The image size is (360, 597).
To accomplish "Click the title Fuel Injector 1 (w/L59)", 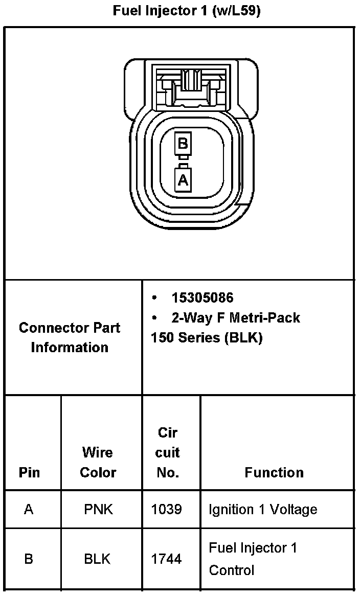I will click(187, 11).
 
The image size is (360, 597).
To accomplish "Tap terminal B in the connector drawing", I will click(183, 144).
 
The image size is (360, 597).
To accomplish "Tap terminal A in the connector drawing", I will click(183, 180).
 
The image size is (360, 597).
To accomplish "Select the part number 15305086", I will click(202, 297).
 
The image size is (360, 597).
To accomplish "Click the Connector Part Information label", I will click(70, 337).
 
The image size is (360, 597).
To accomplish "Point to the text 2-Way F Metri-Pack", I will click(235, 318).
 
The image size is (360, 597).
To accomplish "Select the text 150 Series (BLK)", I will click(207, 338).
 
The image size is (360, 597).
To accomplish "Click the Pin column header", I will click(29, 472).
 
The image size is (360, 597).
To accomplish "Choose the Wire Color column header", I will click(98, 462).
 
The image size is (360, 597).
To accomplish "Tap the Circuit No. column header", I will click(168, 452).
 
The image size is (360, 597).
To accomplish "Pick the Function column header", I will click(274, 472).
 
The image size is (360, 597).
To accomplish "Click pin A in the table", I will click(29, 510).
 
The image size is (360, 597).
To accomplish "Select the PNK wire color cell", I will click(98, 510).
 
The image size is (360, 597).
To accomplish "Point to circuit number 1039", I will click(167, 510).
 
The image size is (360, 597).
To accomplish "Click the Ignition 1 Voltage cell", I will click(263, 510).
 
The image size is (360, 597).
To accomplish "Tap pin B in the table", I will click(29, 559).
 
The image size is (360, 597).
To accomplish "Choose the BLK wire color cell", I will click(97, 559).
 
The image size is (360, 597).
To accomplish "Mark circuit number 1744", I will click(167, 559).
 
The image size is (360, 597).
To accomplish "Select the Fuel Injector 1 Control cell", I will click(253, 559).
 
